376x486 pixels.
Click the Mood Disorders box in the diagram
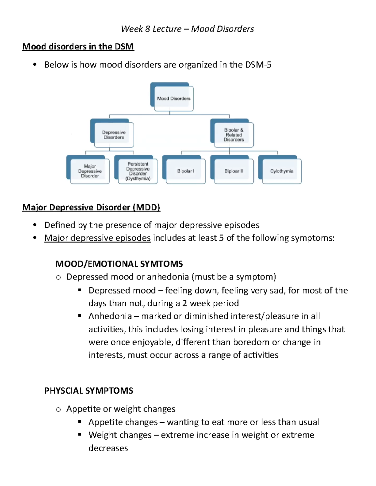tap(174, 98)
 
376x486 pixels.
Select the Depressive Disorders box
tap(114, 135)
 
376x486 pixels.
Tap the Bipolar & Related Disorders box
tap(234, 135)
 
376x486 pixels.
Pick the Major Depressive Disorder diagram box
tap(90, 171)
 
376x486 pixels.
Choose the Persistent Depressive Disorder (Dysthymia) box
tap(138, 171)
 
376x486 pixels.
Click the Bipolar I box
tap(186, 171)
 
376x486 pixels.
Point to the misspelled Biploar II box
tap(234, 171)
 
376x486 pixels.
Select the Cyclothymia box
tap(282, 171)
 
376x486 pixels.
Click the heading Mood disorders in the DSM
tap(78, 47)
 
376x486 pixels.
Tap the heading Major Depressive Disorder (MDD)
tap(91, 207)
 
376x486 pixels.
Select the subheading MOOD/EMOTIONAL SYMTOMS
tap(119, 264)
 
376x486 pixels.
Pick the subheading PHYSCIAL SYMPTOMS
tap(89, 391)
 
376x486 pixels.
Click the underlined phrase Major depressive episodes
tap(97, 238)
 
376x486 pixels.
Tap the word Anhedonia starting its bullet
tap(110, 316)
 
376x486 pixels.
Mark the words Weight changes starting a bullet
tap(120, 435)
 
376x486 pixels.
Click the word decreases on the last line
tap(108, 448)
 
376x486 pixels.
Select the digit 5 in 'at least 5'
tap(221, 238)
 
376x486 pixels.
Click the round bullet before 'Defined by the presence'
tap(35, 225)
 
